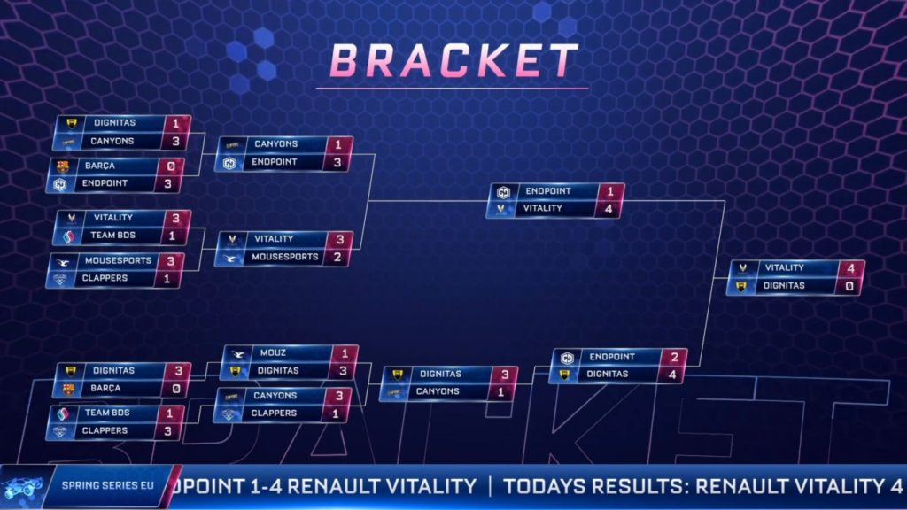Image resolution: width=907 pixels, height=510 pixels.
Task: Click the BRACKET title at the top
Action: [453, 60]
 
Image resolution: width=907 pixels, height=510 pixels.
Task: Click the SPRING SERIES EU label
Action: [107, 485]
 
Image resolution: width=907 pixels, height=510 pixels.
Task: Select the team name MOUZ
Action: [273, 352]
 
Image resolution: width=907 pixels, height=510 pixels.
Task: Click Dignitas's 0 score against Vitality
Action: [849, 286]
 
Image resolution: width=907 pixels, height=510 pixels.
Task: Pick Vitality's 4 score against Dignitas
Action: [850, 268]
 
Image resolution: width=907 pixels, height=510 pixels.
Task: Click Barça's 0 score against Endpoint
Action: [171, 166]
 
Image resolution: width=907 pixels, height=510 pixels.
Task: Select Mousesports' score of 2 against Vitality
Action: [337, 257]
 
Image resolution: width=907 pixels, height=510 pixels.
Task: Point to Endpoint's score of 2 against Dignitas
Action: [674, 358]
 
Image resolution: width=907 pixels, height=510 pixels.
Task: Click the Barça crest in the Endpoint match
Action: [63, 166]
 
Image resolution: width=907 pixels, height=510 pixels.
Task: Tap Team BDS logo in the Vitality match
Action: [69, 236]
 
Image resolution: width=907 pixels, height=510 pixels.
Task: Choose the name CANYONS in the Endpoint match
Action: [276, 144]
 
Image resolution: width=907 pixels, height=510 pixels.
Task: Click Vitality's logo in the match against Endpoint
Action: [501, 209]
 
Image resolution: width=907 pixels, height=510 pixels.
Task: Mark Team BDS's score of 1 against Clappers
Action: [169, 413]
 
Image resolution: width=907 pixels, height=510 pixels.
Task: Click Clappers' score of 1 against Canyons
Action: [336, 413]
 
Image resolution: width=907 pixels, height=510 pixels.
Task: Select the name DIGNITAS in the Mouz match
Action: [278, 371]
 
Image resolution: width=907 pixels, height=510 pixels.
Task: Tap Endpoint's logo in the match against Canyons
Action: [229, 163]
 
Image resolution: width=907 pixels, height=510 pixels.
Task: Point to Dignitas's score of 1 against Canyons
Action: [174, 123]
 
